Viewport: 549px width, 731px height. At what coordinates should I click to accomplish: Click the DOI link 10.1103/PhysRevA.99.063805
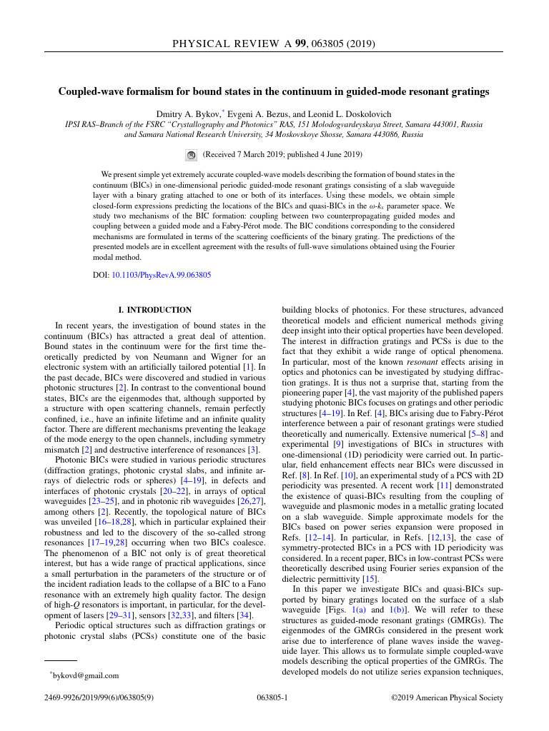[162, 275]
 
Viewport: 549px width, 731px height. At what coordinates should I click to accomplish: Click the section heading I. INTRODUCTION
[154, 310]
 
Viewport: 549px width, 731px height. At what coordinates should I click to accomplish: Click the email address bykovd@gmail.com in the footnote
[84, 675]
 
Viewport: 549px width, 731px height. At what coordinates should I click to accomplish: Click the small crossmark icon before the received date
[191, 154]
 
